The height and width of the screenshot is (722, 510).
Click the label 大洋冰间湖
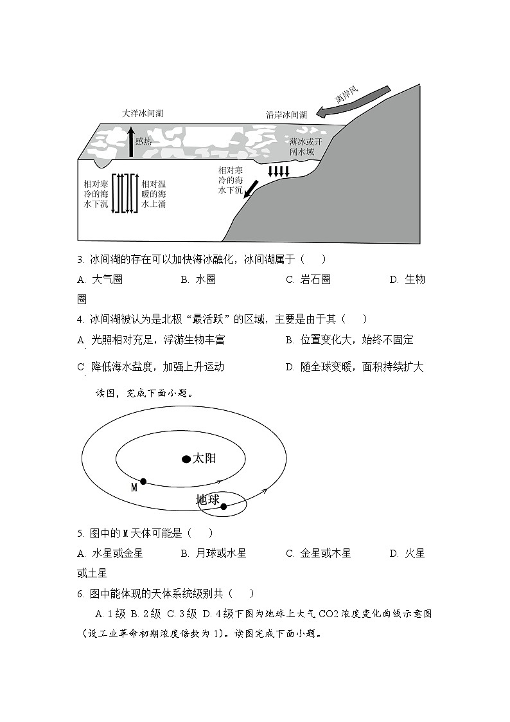click(x=143, y=113)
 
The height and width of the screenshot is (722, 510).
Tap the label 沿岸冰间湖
click(x=286, y=115)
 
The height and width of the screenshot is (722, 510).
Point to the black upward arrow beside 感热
click(x=132, y=142)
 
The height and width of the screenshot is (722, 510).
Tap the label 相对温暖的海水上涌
click(x=154, y=194)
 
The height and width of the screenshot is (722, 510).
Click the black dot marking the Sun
click(x=186, y=459)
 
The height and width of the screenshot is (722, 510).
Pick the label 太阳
click(x=205, y=458)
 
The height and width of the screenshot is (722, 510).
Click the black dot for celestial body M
click(x=143, y=481)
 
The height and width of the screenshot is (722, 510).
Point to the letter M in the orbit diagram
click(x=134, y=488)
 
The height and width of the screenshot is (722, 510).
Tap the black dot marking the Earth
click(x=224, y=507)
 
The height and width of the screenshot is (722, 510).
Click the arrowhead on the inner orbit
click(x=236, y=482)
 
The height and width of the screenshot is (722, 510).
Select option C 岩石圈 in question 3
click(x=308, y=280)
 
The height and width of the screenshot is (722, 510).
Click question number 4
click(x=80, y=319)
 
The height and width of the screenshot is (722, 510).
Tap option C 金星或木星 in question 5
click(x=318, y=553)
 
